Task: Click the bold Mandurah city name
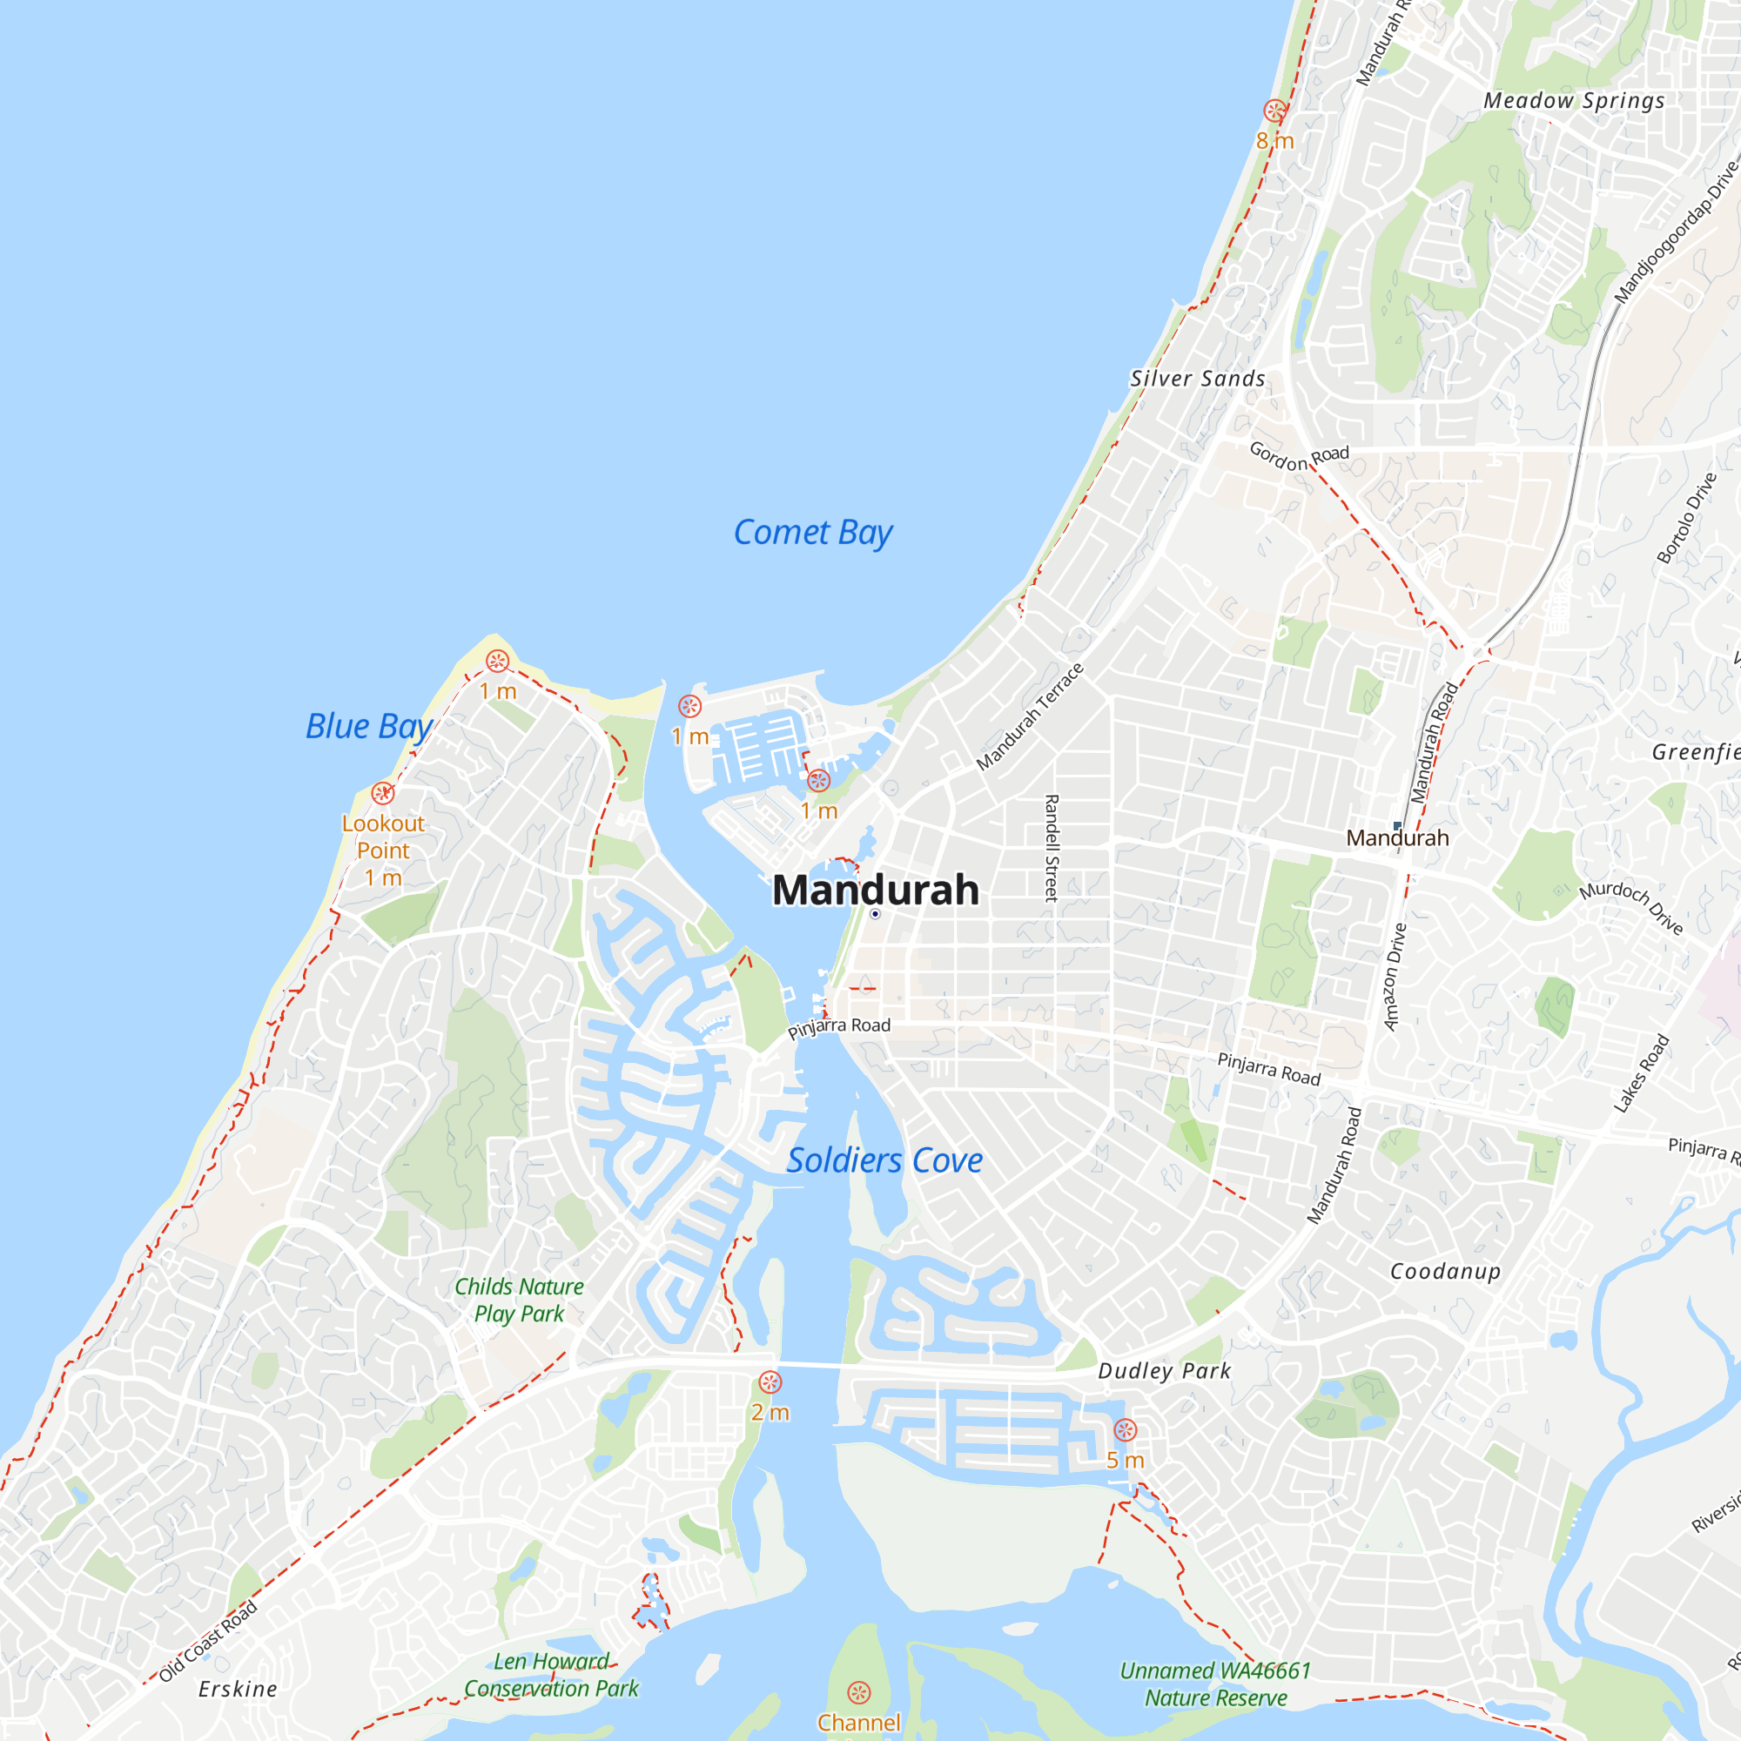[x=875, y=891]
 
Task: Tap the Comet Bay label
[x=812, y=533]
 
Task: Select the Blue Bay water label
[x=368, y=726]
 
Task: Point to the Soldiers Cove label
[x=884, y=1160]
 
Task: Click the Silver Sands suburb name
[x=1198, y=379]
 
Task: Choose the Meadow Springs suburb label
[x=1573, y=100]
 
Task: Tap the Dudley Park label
[x=1164, y=1371]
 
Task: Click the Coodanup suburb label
[x=1445, y=1272]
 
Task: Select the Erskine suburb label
[x=238, y=1689]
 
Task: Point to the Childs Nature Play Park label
[x=519, y=1300]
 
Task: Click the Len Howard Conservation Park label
[x=551, y=1674]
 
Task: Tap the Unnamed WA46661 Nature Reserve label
[x=1215, y=1684]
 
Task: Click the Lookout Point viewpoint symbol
[x=383, y=793]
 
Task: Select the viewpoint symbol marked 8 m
[x=1274, y=111]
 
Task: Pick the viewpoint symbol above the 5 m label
[x=1126, y=1430]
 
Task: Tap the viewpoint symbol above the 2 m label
[x=770, y=1382]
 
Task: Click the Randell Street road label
[x=1051, y=848]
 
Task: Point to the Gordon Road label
[x=1299, y=456]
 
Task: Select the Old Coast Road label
[x=208, y=1642]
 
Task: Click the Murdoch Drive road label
[x=1631, y=906]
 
